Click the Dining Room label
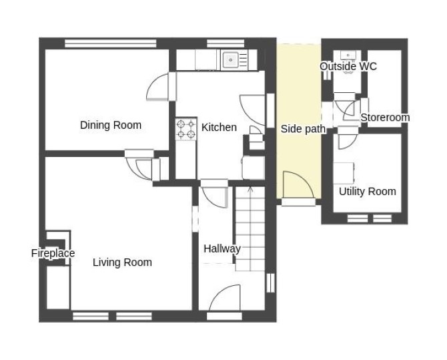click(111, 125)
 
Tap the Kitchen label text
click(219, 128)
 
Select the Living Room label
click(122, 262)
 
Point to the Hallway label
click(222, 248)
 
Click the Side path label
click(303, 129)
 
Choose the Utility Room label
click(368, 191)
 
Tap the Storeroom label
click(385, 118)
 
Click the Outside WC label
click(348, 67)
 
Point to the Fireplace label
click(53, 253)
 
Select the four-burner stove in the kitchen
click(186, 129)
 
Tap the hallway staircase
click(250, 228)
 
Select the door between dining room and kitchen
click(158, 86)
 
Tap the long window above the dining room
click(111, 43)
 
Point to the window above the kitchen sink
click(226, 43)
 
